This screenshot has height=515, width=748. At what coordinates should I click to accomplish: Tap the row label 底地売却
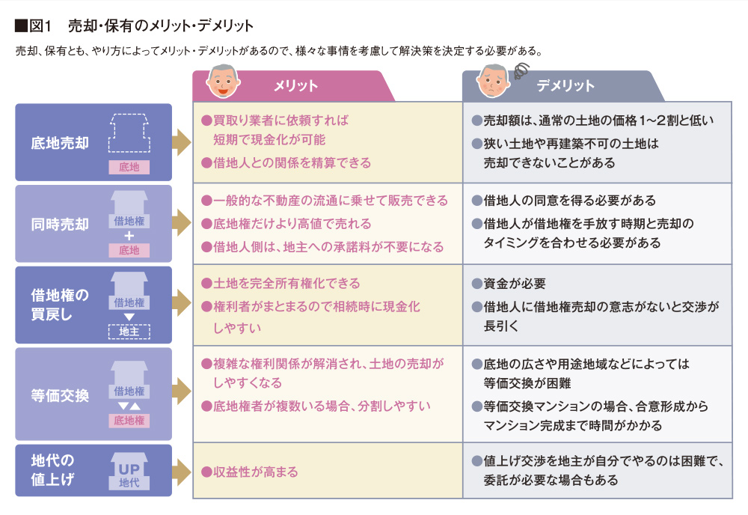pyautogui.click(x=60, y=143)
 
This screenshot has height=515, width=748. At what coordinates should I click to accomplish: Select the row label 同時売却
pyautogui.click(x=60, y=224)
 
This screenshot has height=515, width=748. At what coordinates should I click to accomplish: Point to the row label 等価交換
pyautogui.click(x=60, y=395)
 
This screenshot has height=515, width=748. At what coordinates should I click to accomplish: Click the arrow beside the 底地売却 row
pyautogui.click(x=181, y=142)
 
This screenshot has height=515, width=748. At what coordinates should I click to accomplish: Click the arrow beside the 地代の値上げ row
pyautogui.click(x=181, y=472)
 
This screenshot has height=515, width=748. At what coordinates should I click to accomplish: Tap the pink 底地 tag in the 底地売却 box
pyautogui.click(x=129, y=167)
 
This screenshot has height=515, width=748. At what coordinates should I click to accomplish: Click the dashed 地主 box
pyautogui.click(x=129, y=332)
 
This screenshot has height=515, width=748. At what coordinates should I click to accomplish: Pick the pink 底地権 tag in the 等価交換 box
pyautogui.click(x=129, y=421)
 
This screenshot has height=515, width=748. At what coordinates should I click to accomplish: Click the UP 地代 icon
pyautogui.click(x=129, y=472)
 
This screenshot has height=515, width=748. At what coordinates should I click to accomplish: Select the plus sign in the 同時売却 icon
pyautogui.click(x=129, y=236)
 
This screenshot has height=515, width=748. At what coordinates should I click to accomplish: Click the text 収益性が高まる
pyautogui.click(x=255, y=472)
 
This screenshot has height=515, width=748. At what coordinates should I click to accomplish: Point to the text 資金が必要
pyautogui.click(x=515, y=284)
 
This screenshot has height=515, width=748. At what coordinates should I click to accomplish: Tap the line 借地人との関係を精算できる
pyautogui.click(x=292, y=162)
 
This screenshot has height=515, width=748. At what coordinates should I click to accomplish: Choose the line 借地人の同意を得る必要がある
pyautogui.click(x=569, y=201)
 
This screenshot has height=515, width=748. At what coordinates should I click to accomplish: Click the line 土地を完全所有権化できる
pyautogui.click(x=286, y=284)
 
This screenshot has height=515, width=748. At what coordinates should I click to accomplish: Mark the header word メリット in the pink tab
pyautogui.click(x=295, y=86)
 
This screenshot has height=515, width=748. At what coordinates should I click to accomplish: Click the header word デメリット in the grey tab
pyautogui.click(x=565, y=86)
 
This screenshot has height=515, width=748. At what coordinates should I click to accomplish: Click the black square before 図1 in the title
pyautogui.click(x=21, y=25)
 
